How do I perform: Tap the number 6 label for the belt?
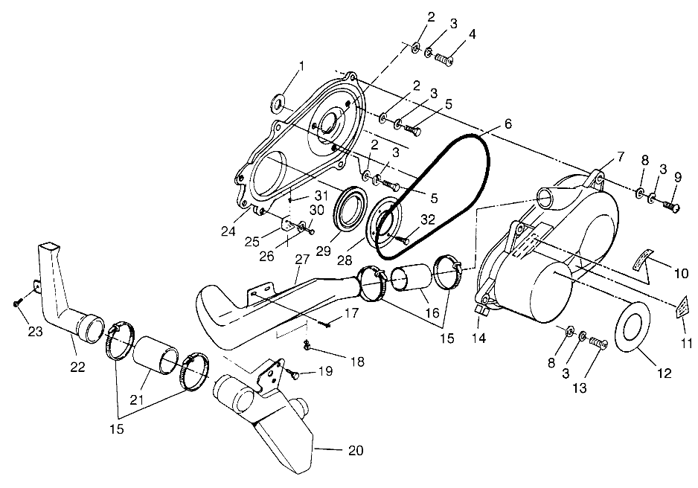tap(508, 124)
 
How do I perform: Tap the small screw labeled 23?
tap(16, 303)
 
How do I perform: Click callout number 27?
tap(301, 260)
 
